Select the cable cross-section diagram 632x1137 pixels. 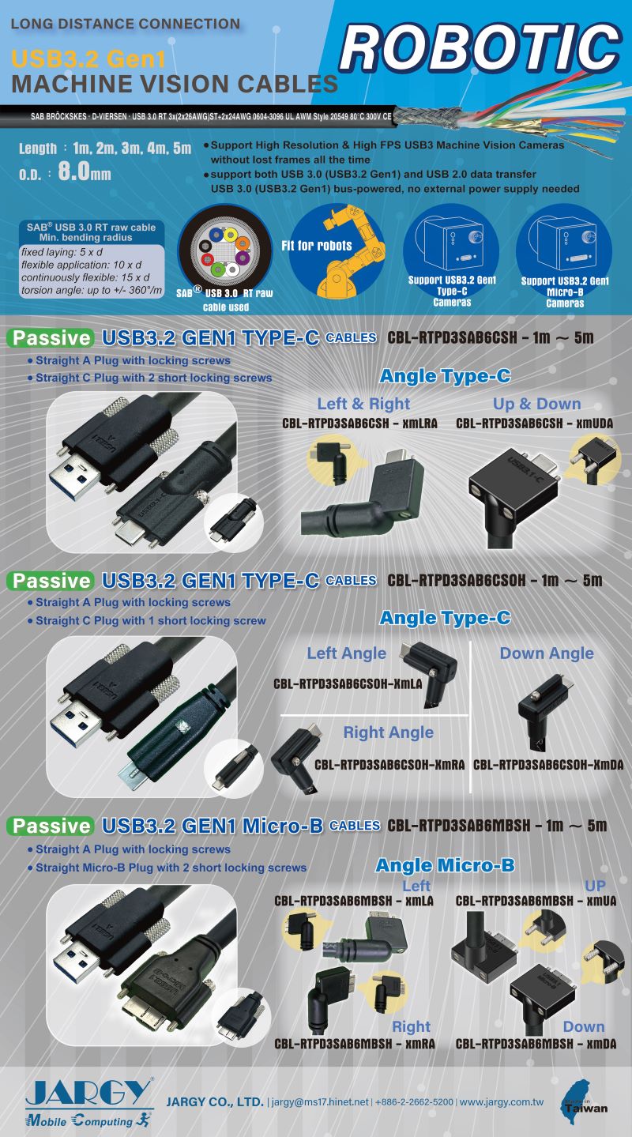(x=224, y=252)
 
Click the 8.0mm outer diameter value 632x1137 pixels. (x=85, y=171)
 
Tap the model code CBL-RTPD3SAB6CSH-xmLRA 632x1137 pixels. (x=359, y=424)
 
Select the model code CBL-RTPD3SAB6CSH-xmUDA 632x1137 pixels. (x=535, y=424)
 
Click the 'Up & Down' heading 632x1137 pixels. (x=537, y=404)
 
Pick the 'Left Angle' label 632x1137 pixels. (x=346, y=653)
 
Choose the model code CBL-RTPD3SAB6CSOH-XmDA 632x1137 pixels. (x=548, y=765)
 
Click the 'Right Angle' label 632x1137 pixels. (x=389, y=732)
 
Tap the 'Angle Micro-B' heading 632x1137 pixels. (x=445, y=865)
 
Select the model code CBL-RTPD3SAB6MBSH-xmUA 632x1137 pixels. (x=536, y=901)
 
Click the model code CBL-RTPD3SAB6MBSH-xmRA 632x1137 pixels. (x=355, y=1044)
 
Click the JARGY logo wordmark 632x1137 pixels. (x=89, y=1091)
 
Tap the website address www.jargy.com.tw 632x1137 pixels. (x=501, y=1102)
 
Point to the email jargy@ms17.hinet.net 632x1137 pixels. (x=320, y=1101)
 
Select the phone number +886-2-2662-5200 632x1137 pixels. (x=414, y=1101)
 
